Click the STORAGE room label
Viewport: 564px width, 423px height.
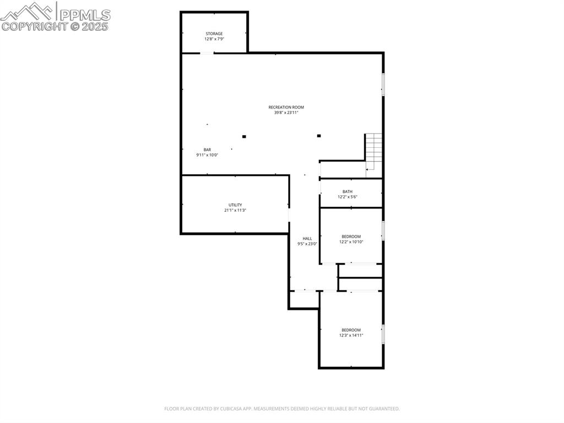(x=214, y=34)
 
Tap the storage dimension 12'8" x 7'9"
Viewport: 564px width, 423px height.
(x=214, y=39)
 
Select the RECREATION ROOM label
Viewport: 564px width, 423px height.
(x=286, y=107)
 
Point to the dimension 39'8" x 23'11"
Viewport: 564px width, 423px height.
(x=286, y=113)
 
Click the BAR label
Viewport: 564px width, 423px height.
(x=207, y=149)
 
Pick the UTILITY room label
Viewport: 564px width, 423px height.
(x=235, y=205)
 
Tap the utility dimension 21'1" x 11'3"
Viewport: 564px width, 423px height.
(x=235, y=210)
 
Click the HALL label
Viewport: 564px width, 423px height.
(x=307, y=238)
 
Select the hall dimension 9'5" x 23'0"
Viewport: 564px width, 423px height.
(x=307, y=244)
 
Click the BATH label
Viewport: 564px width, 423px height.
(x=347, y=191)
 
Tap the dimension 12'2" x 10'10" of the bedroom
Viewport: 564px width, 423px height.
(x=351, y=242)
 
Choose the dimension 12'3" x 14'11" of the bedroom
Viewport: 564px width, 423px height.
(x=351, y=335)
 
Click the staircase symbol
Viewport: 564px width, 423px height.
(x=373, y=151)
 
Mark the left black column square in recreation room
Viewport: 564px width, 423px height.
(x=244, y=136)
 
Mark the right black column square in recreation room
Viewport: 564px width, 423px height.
(x=319, y=136)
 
